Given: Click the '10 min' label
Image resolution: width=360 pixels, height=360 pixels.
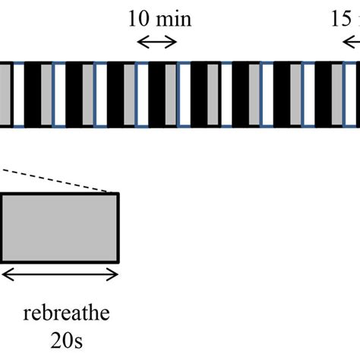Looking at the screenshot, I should click(x=159, y=18).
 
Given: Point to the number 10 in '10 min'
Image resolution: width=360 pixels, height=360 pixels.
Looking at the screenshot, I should click(x=139, y=18).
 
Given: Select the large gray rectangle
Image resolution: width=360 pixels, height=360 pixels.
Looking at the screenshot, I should click(x=59, y=227).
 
